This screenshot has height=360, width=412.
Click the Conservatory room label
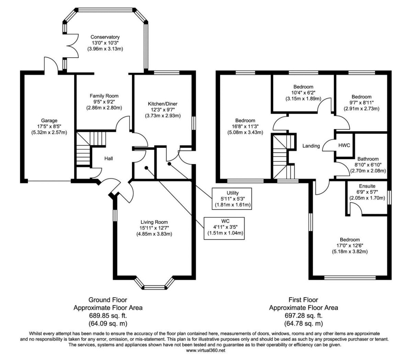(105, 37)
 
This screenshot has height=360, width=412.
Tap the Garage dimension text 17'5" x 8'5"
(49, 126)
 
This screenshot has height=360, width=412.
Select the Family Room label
(104, 96)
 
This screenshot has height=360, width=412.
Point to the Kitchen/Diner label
(162, 104)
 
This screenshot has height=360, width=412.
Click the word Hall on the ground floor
(108, 159)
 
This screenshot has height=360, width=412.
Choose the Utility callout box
(232, 199)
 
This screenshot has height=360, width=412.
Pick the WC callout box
(224, 229)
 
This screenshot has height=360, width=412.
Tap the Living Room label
(154, 222)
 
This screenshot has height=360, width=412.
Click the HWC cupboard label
(344, 145)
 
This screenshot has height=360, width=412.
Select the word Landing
(311, 146)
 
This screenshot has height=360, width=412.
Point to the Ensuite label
(367, 186)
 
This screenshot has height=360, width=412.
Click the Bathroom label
(368, 159)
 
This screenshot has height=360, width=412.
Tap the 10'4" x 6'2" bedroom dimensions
(303, 93)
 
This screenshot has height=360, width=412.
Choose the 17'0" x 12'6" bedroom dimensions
(350, 245)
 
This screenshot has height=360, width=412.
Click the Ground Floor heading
(108, 300)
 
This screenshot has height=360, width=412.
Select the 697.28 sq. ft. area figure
(304, 315)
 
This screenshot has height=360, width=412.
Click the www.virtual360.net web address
(206, 350)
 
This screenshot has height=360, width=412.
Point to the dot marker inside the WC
(146, 167)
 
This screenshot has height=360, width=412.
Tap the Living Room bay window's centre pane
(154, 288)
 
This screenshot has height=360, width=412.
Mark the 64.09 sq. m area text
(108, 324)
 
